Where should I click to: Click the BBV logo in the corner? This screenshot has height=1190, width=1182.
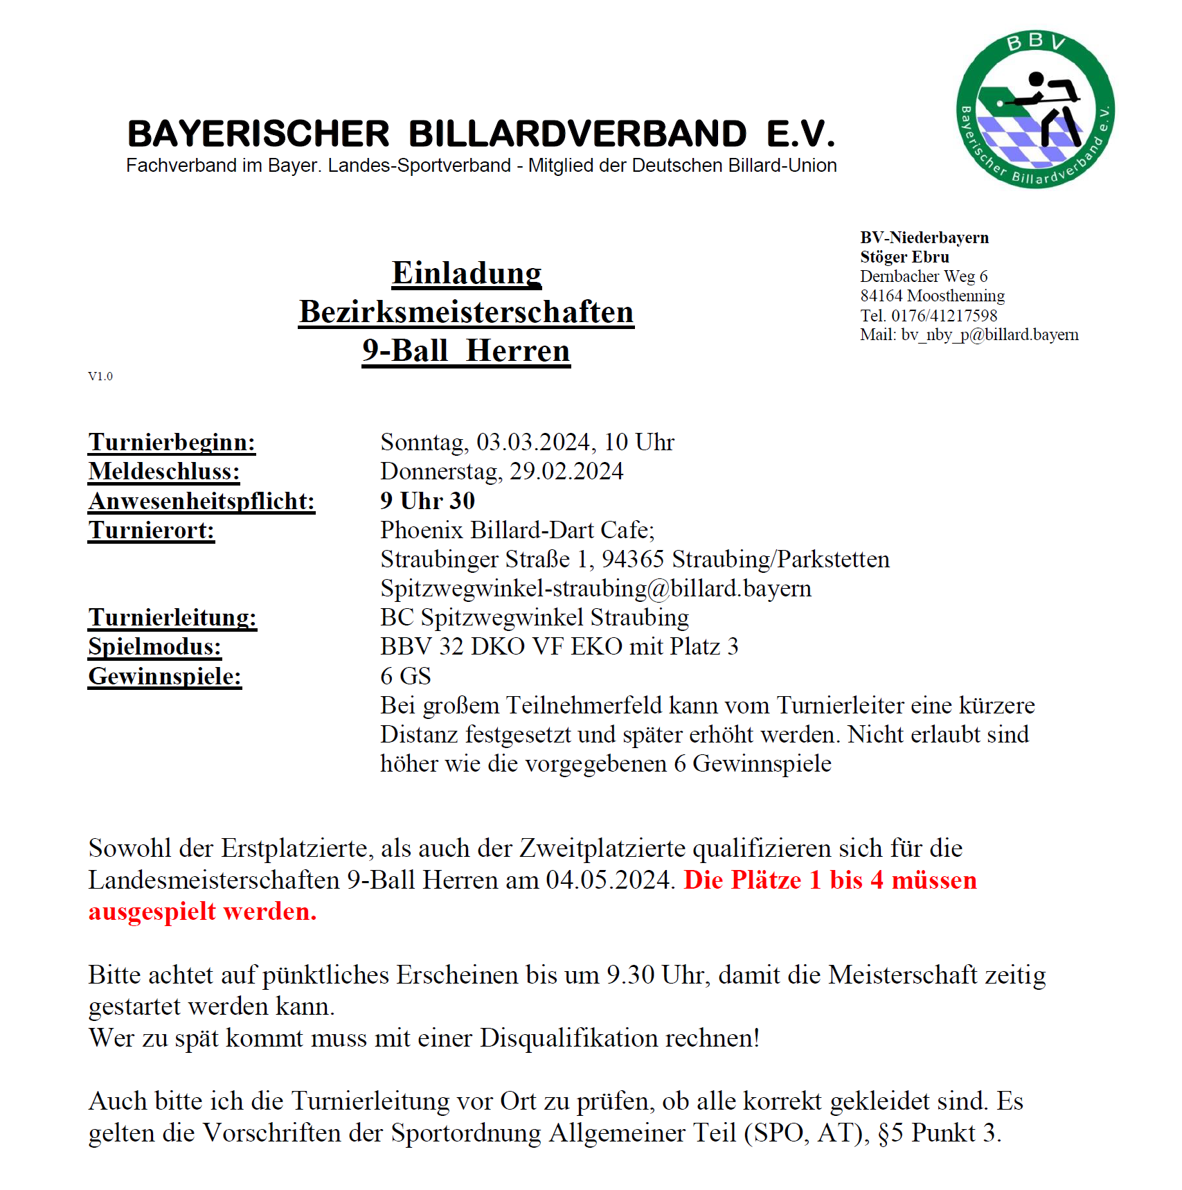click(x=1035, y=109)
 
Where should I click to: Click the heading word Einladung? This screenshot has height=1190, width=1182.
click(x=466, y=273)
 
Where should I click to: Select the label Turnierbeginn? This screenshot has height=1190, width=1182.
click(x=172, y=442)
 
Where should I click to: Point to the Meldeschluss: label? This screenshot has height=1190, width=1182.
click(x=164, y=472)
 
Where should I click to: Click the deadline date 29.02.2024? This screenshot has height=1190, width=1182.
click(x=566, y=472)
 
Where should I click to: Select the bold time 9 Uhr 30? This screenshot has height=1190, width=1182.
click(x=427, y=501)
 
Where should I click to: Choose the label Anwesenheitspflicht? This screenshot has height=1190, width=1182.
click(x=202, y=501)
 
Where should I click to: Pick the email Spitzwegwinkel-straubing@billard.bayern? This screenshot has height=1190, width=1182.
click(x=596, y=588)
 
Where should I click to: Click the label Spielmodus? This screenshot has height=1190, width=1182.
click(x=154, y=646)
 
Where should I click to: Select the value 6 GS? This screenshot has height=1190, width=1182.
click(x=406, y=676)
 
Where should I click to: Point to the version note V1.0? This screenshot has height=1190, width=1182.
click(x=100, y=376)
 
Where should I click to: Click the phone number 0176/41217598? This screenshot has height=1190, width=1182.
click(x=944, y=316)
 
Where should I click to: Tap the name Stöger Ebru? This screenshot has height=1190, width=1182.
click(x=904, y=257)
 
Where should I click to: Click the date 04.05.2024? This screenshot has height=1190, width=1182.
click(x=609, y=880)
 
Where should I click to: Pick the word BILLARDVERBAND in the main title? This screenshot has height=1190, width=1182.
click(x=577, y=134)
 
